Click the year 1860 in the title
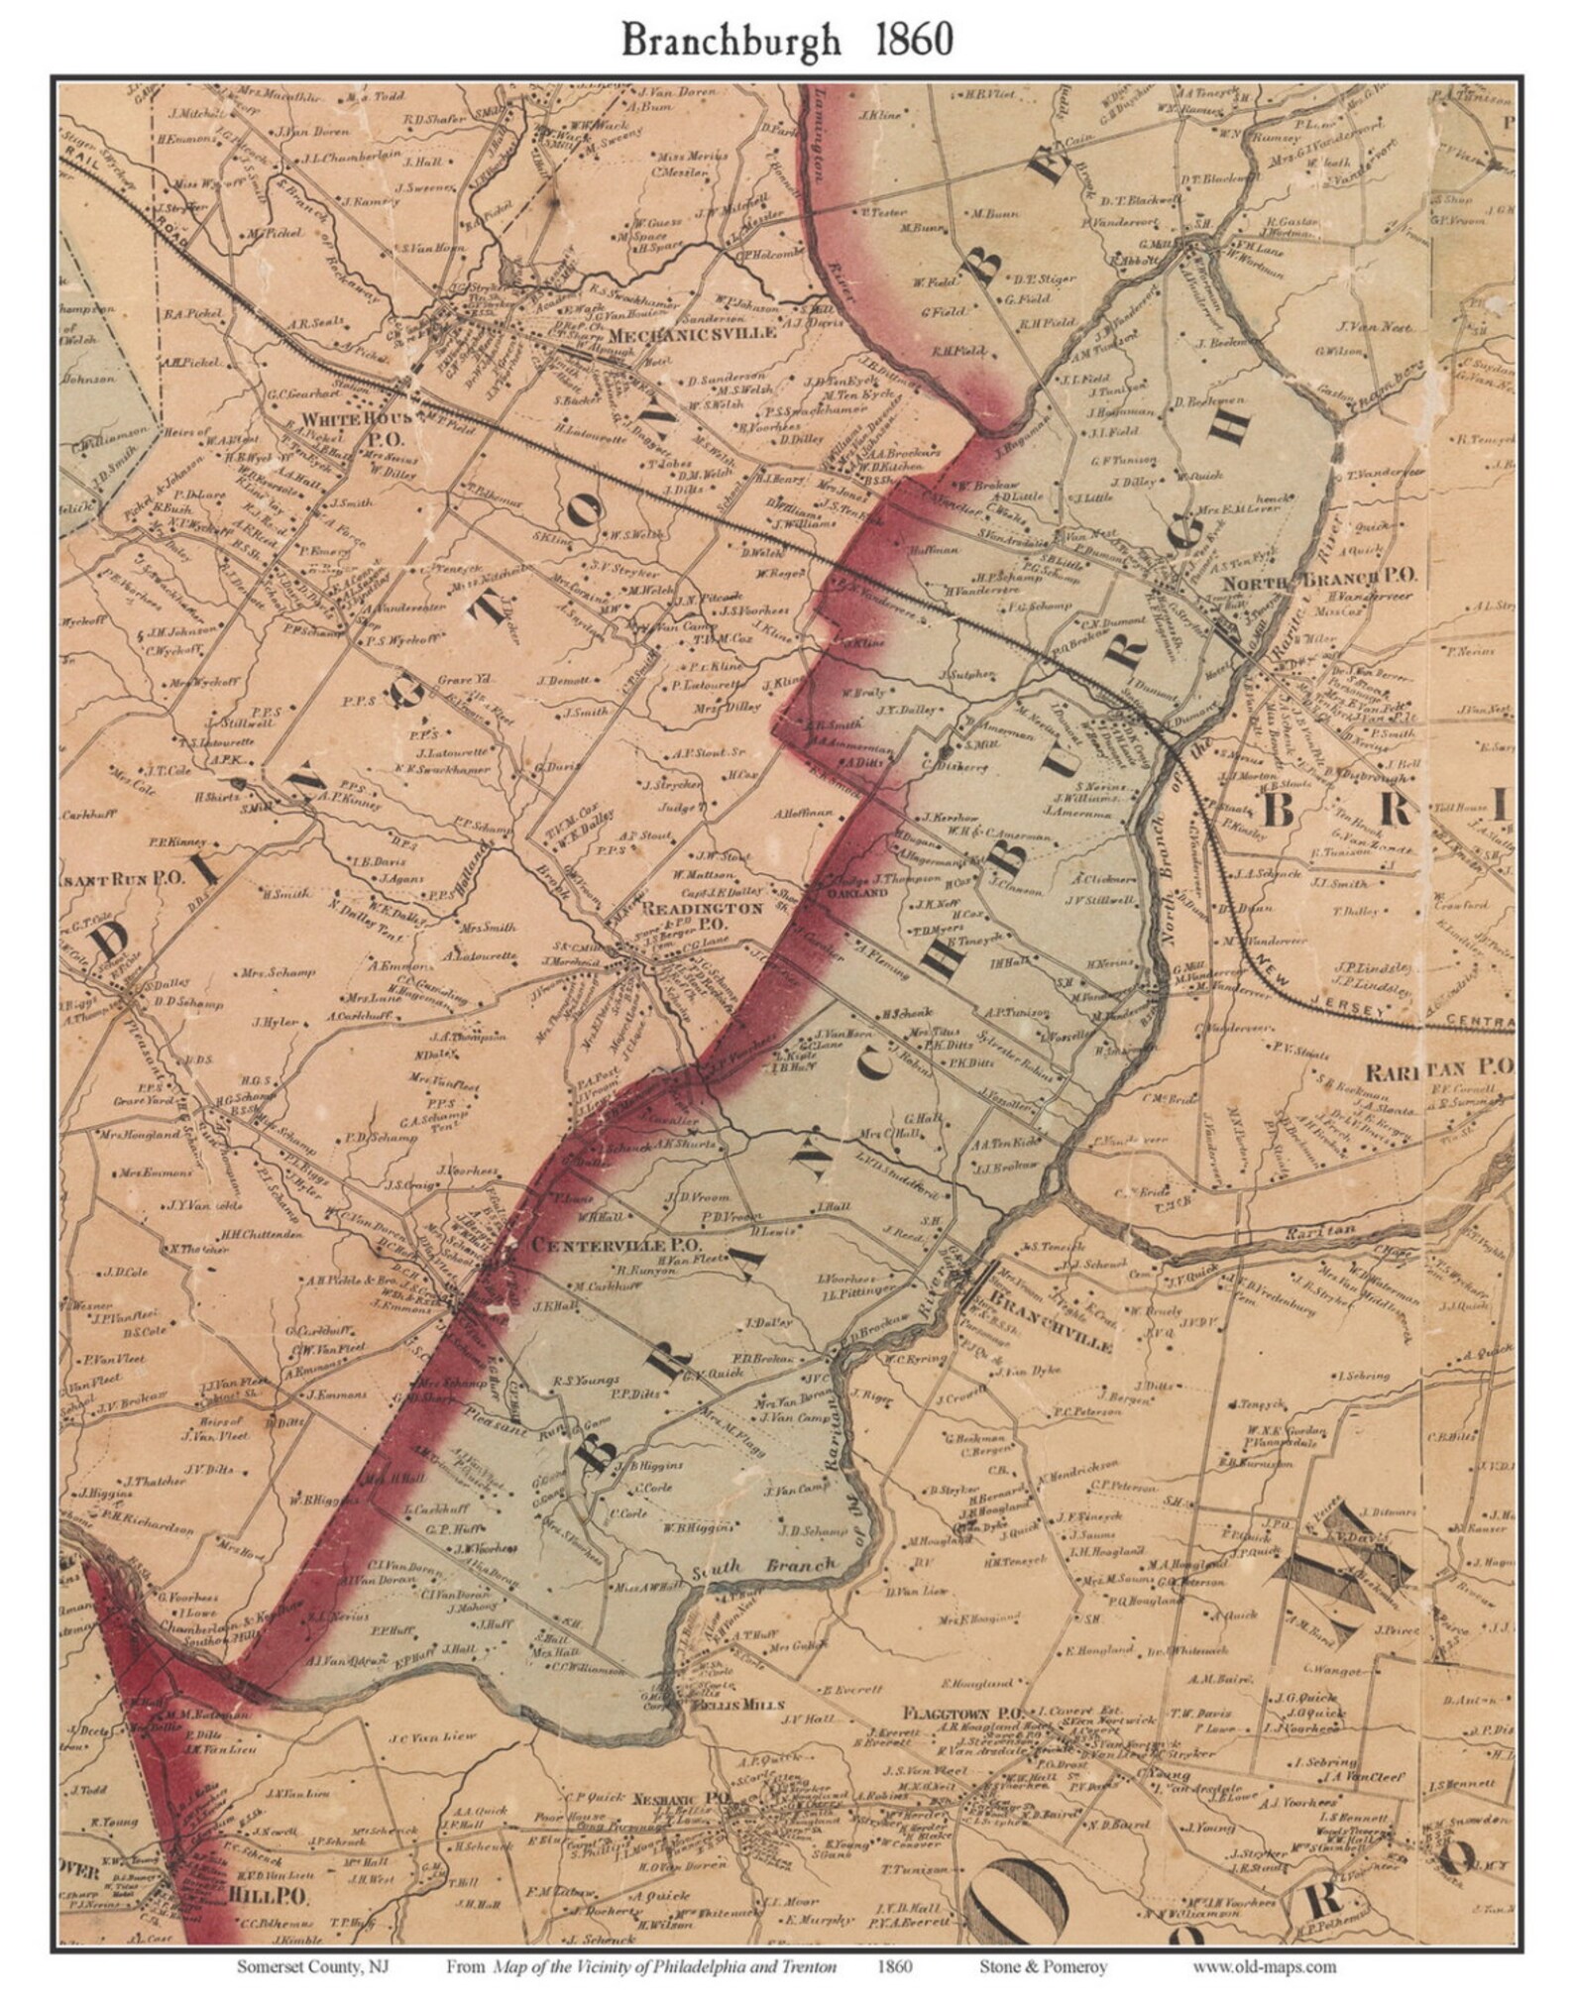(x=913, y=39)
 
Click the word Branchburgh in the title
(x=731, y=40)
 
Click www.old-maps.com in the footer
(x=1264, y=1967)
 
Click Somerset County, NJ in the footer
(x=312, y=1967)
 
